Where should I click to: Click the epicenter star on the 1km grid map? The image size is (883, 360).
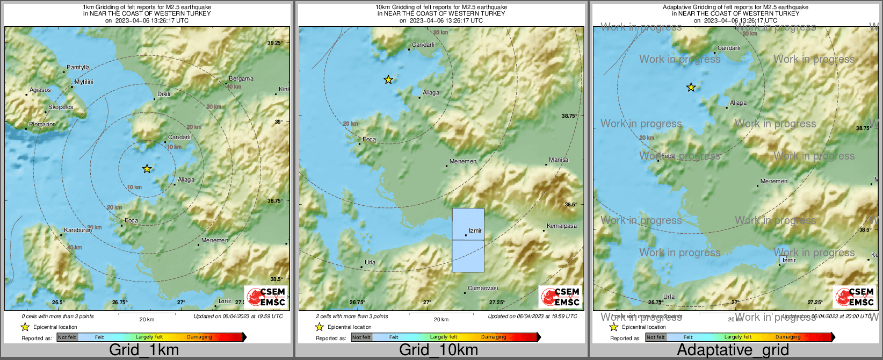(x=147, y=169)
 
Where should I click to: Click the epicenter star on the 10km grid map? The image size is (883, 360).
(x=388, y=80)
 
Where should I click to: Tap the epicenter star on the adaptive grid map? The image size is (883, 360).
(x=691, y=87)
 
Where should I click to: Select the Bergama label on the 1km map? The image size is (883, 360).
(x=241, y=78)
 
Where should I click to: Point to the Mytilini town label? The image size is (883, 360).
(x=84, y=82)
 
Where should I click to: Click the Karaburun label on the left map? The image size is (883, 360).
(x=78, y=230)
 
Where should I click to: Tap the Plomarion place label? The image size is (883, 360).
(x=42, y=124)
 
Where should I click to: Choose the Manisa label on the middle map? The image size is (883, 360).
(x=558, y=160)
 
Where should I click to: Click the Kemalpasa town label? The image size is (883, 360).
(x=561, y=226)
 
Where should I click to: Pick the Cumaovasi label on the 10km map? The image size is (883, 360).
(x=483, y=288)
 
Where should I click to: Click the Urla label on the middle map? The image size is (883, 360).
(x=370, y=262)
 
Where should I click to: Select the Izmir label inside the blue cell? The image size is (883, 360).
(x=475, y=231)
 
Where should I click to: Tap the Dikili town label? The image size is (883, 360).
(x=164, y=94)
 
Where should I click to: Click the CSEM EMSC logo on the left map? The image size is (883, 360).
(x=266, y=297)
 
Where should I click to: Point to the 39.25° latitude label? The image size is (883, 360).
(x=275, y=42)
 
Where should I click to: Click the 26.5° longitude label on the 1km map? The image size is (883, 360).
(x=59, y=303)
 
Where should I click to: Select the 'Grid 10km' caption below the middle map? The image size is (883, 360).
(x=438, y=350)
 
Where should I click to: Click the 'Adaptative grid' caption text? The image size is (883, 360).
(x=733, y=350)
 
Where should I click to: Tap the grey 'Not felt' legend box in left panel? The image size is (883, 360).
(x=67, y=337)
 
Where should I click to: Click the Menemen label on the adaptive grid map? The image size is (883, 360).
(x=774, y=181)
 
